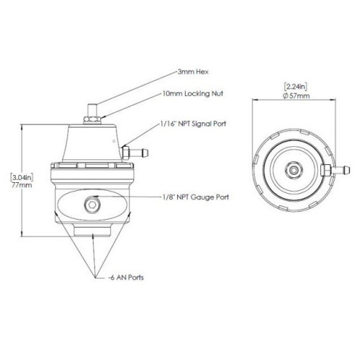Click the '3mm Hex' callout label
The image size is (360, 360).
tap(193, 72)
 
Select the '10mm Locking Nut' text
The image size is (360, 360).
tap(193, 94)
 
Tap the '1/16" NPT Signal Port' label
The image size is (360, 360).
tap(193, 124)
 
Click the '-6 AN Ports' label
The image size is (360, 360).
tap(126, 277)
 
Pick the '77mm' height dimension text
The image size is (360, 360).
tap(22, 185)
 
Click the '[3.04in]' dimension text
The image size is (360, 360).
tap(22, 178)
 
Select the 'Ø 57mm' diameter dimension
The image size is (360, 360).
tap(297, 96)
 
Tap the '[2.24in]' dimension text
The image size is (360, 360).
tap(296, 86)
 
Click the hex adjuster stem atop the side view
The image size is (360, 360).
tap(92, 110)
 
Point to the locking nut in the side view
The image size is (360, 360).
tap(92, 120)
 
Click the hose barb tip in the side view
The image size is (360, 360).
tap(145, 153)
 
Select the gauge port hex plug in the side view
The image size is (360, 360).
tap(92, 205)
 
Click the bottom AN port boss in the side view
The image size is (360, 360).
tap(92, 230)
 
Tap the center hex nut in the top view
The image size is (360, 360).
tap(293, 170)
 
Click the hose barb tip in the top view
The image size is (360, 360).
tap(346, 170)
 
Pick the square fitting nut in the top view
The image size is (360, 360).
tap(326, 170)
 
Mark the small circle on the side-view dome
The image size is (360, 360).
tap(114, 141)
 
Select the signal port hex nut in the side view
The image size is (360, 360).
tap(126, 153)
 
